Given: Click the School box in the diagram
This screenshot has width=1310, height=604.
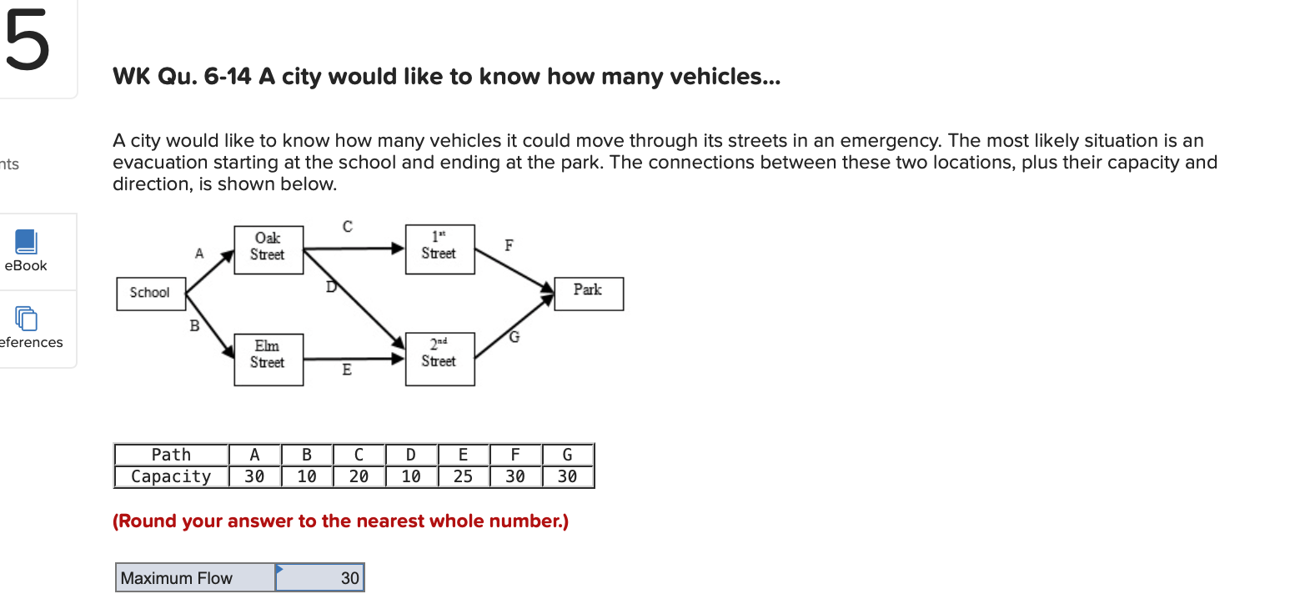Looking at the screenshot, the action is tap(151, 294).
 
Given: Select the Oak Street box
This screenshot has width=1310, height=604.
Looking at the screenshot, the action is tap(269, 250).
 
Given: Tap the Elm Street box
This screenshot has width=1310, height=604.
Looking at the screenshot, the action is tap(269, 360).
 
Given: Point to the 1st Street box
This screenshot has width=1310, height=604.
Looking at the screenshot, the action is tap(439, 249).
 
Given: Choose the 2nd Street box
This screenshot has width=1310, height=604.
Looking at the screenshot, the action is tap(439, 359).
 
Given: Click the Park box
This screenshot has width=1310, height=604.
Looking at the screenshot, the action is tap(589, 294).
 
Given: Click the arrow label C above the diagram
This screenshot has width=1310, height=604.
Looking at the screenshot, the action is tap(348, 227).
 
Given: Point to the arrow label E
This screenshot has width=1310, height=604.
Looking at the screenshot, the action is tap(347, 370).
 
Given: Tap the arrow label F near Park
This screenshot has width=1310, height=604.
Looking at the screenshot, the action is tap(509, 245).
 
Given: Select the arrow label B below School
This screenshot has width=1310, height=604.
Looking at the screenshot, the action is tap(195, 325).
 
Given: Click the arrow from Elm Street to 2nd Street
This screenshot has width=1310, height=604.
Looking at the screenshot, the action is tap(354, 359).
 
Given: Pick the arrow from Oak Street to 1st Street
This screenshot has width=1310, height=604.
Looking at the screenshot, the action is tap(354, 249).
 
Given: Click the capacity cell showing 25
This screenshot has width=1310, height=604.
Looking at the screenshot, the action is tap(463, 476).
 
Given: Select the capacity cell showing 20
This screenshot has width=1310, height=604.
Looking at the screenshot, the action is tap(359, 476).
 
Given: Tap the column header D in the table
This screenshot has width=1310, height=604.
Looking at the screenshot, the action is tap(411, 455).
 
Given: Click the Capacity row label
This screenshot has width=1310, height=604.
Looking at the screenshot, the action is tap(171, 476).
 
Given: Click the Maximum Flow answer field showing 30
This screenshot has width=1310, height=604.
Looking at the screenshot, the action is tap(320, 577).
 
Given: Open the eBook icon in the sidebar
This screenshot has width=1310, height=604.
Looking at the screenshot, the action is tap(26, 242).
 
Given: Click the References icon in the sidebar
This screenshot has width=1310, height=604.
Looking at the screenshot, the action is tap(26, 319).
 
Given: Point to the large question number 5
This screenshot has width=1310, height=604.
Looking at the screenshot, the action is tap(27, 40).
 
